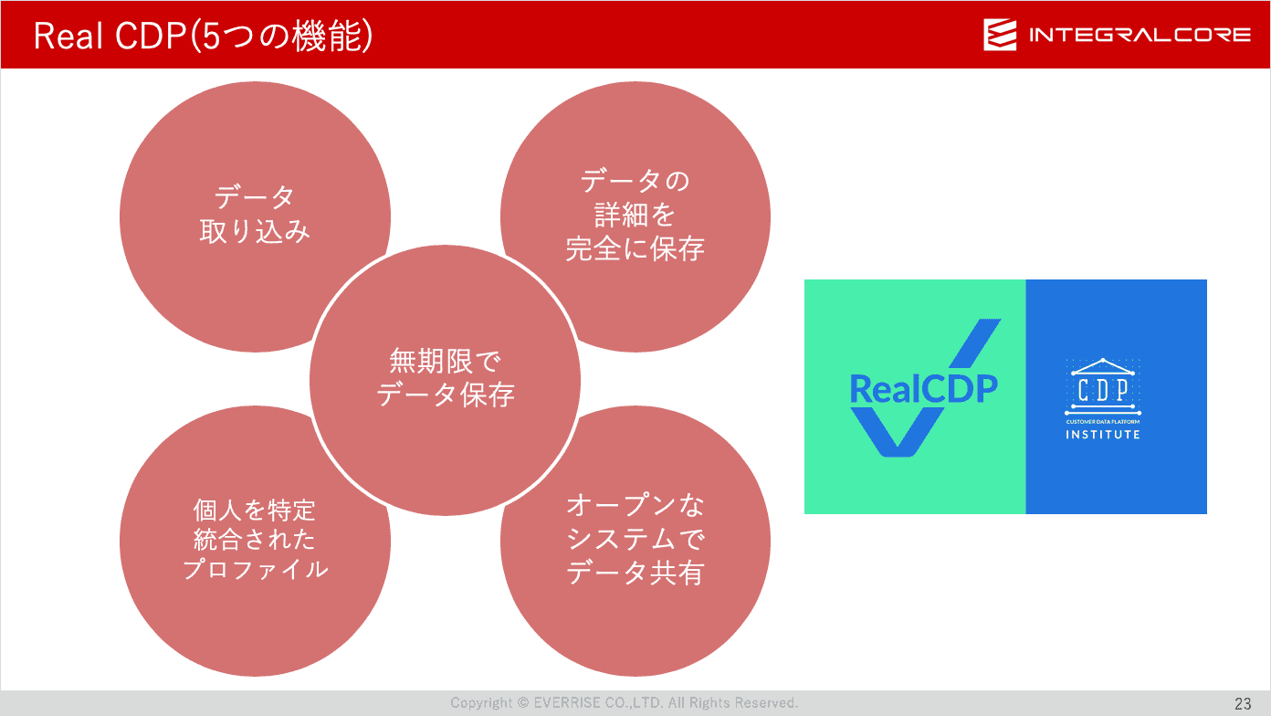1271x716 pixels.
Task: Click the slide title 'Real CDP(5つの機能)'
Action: click(x=203, y=37)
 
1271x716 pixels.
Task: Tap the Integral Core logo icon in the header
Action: click(x=1000, y=35)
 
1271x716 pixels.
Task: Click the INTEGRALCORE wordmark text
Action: click(x=1140, y=36)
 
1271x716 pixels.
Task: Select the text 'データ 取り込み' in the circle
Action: click(x=255, y=215)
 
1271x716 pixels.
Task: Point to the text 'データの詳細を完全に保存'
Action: click(x=635, y=215)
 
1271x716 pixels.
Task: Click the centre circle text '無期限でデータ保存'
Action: click(x=446, y=378)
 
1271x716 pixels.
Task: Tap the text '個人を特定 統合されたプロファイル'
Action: click(x=255, y=540)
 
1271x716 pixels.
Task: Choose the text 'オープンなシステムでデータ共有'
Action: click(x=635, y=539)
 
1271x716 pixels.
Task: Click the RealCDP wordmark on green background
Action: click(x=924, y=389)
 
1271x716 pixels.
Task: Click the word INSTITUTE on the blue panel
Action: click(x=1102, y=435)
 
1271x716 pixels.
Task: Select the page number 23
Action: click(x=1243, y=704)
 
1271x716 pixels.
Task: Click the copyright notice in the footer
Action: click(x=625, y=703)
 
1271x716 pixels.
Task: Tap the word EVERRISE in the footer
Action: click(x=567, y=703)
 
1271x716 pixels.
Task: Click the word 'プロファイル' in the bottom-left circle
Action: click(x=255, y=569)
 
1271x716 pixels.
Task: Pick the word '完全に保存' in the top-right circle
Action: click(x=635, y=248)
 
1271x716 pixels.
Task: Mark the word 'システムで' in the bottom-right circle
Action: click(x=635, y=539)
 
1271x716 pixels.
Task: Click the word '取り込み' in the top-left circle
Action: click(x=255, y=231)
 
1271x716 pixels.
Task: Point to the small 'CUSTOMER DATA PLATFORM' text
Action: click(x=1102, y=422)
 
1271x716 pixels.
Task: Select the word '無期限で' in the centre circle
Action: click(x=446, y=362)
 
